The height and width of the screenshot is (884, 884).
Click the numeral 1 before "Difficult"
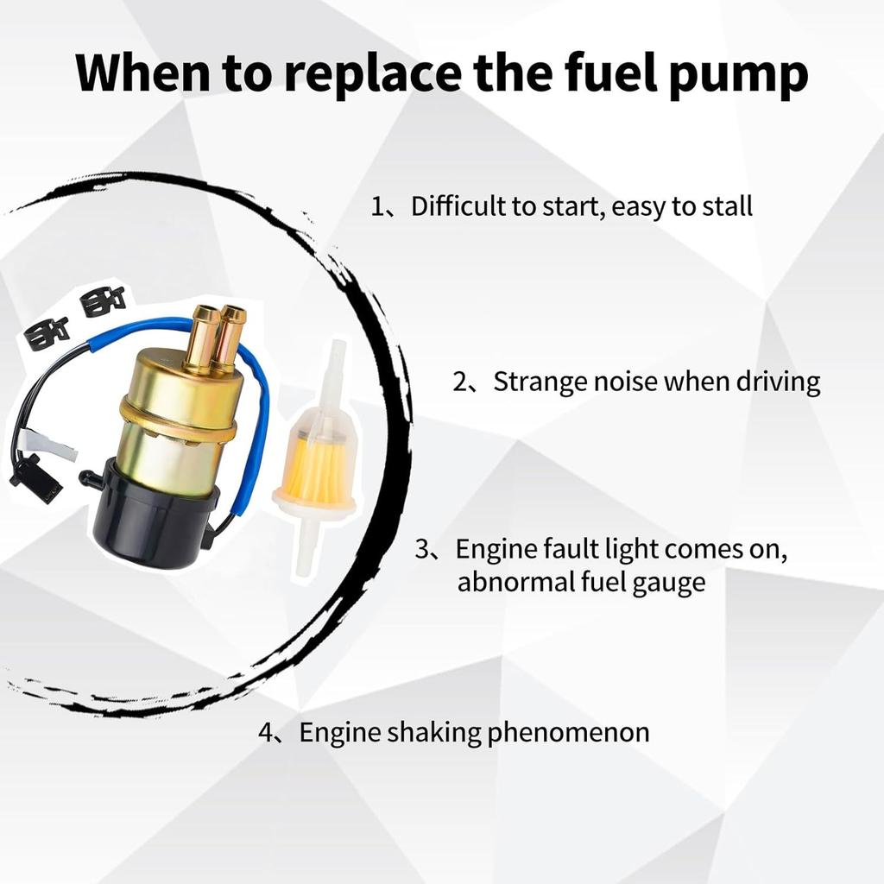point(377,207)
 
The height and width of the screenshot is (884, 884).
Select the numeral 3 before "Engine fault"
point(423,550)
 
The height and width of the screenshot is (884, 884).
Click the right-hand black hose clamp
point(103,300)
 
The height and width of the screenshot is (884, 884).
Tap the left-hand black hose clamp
point(47,332)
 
